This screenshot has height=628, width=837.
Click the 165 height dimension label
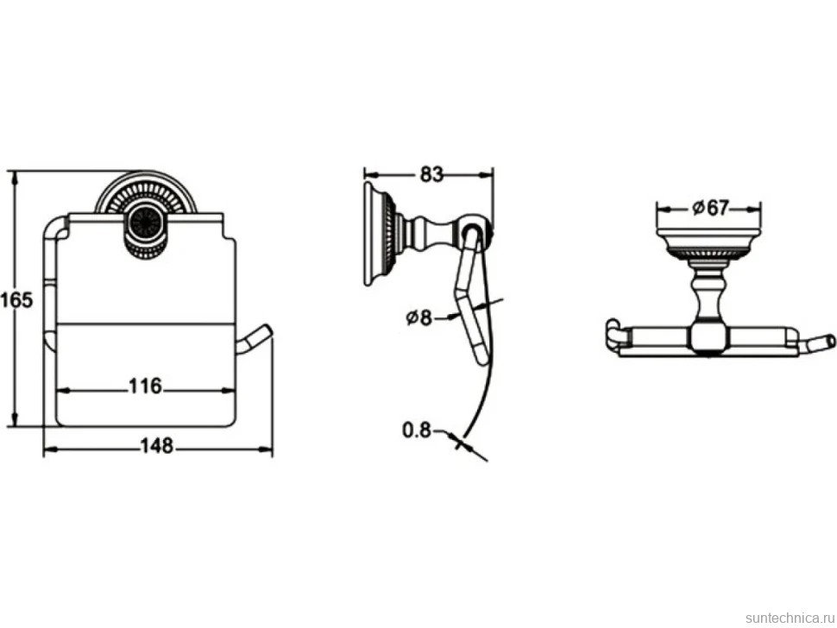coord(16,300)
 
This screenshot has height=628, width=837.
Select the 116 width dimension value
coord(145,386)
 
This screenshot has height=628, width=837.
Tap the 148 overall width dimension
coord(157,445)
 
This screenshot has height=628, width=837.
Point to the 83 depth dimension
coord(431,174)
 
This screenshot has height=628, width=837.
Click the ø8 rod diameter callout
coord(418,317)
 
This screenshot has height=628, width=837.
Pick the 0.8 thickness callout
coord(417,430)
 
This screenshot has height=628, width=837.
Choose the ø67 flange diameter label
coord(710,207)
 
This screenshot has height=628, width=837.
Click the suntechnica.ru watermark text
coord(790,618)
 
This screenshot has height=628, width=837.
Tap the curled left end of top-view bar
coord(614,334)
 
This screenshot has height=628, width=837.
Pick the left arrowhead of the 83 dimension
coord(371,174)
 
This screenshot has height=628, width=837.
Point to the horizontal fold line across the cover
coord(145,323)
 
